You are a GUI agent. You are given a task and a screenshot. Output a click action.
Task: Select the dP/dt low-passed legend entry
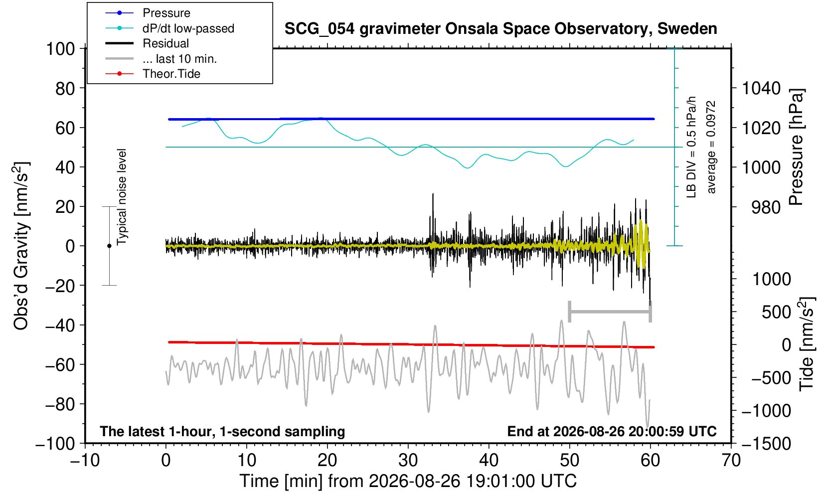pos(169,28)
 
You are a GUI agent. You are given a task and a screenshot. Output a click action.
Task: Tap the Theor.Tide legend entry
pos(153,74)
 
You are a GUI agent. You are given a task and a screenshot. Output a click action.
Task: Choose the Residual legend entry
pos(147,43)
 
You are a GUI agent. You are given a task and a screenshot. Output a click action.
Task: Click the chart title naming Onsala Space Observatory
pos(500,29)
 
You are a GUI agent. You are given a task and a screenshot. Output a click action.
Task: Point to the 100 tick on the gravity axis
pos(60,49)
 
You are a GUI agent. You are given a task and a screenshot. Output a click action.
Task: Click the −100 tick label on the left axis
pos(55,444)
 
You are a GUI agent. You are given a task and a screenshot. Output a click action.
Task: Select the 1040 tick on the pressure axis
pos(761,88)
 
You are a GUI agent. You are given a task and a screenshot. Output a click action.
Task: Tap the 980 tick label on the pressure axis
pos(766,207)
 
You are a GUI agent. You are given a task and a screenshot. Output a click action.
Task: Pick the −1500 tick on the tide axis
pos(766,444)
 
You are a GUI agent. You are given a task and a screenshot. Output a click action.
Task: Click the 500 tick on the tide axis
pos(776,313)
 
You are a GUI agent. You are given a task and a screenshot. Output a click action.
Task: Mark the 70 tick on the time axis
pos(731,461)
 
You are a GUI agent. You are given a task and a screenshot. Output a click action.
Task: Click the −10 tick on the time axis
pos(85,461)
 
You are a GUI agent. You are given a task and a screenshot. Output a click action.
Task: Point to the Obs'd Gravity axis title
pos(20,246)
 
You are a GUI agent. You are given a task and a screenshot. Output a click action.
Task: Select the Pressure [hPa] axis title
pos(797,147)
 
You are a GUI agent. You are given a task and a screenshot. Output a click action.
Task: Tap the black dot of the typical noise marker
pos(109,246)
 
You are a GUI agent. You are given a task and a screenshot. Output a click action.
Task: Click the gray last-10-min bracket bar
pos(610,312)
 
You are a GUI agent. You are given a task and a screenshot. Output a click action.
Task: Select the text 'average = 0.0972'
pos(711,147)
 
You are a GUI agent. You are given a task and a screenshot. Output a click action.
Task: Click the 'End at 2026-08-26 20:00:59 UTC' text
pos(612,431)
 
